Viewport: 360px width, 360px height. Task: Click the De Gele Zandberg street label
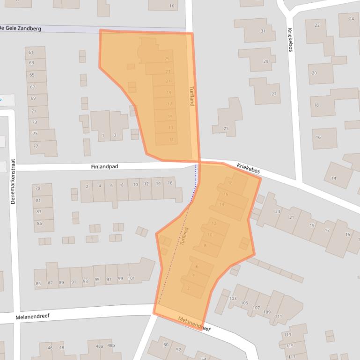click(x=21, y=29)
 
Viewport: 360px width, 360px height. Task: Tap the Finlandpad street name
click(x=104, y=166)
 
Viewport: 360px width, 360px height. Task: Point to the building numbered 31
click(x=263, y=31)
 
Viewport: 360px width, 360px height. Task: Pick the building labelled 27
click(x=274, y=94)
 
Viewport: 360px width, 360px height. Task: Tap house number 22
click(x=317, y=25)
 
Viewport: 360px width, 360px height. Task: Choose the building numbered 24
click(x=351, y=19)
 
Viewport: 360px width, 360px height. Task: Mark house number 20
click(x=314, y=73)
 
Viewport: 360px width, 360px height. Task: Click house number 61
click(x=31, y=52)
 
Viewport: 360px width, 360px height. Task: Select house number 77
click(x=35, y=146)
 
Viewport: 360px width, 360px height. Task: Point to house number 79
click(x=38, y=188)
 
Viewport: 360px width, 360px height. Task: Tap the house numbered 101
click(x=132, y=279)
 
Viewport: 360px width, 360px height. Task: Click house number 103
click(x=233, y=298)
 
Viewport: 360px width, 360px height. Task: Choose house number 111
click(x=279, y=317)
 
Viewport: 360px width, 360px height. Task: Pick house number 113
click(x=287, y=335)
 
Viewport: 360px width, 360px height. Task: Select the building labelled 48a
click(x=99, y=346)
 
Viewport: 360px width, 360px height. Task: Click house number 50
click(x=166, y=345)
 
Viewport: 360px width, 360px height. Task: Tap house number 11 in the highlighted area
click(x=171, y=139)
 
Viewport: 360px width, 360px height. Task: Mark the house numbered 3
click(x=115, y=136)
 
